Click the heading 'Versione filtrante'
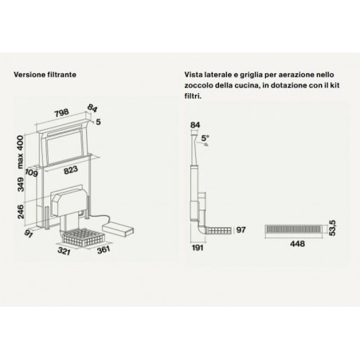point(45,75)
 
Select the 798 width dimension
point(61,113)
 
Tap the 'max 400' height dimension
point(20,151)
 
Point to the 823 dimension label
point(71,170)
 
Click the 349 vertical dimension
point(20,185)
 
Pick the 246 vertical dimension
point(20,212)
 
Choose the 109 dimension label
point(32,173)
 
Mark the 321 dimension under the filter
point(64,251)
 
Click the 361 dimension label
point(104,249)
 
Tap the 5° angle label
point(205,139)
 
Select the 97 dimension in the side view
point(241,230)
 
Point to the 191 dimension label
point(198,248)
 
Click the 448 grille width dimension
point(297,244)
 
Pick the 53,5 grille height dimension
point(332,228)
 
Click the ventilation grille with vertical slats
point(295,229)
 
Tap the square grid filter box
point(83,237)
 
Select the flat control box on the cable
point(118,229)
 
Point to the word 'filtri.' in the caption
point(193,96)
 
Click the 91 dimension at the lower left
point(29,234)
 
